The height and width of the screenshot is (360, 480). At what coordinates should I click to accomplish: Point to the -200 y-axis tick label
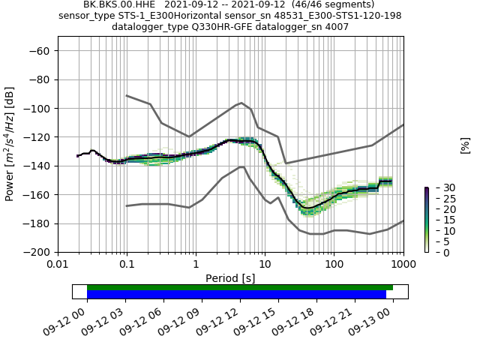click(x=38, y=252)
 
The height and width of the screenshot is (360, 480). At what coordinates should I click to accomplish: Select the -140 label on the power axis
click(x=38, y=166)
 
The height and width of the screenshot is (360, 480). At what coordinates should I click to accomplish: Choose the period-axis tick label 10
click(x=265, y=264)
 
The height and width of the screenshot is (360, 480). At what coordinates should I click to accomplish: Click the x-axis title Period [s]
click(x=230, y=278)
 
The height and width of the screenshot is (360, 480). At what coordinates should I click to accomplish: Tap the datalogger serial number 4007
click(x=334, y=26)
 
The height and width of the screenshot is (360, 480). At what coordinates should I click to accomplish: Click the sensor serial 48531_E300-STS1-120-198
click(x=339, y=15)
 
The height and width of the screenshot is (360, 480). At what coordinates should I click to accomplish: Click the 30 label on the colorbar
click(x=439, y=187)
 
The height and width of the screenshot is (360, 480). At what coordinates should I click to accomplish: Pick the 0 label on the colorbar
click(x=436, y=252)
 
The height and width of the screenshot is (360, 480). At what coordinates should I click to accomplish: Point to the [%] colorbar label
click(x=465, y=145)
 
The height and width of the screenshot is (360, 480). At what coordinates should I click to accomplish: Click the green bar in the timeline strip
click(x=240, y=287)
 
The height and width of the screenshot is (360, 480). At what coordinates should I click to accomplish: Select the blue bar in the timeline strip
click(x=236, y=295)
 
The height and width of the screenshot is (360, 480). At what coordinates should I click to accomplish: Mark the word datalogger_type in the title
click(x=148, y=26)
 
